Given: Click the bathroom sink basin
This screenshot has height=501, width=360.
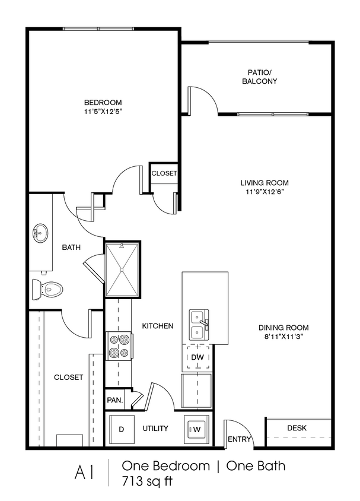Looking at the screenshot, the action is tap(40, 233).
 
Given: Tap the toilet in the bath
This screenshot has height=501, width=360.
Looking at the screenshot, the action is tap(47, 290).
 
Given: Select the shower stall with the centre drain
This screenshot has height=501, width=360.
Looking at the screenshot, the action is tap(122, 269).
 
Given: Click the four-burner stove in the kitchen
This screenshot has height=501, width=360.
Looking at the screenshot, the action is tap(119, 346).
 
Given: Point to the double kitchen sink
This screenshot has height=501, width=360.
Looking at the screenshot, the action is tap(199, 325).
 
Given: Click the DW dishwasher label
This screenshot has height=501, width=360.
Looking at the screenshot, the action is tap(197, 357).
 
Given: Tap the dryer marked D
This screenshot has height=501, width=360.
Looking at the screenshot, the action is tap(122, 429).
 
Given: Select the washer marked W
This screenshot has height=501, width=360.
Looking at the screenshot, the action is tap(196, 429).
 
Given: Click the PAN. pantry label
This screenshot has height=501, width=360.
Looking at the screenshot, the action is tap(115, 399).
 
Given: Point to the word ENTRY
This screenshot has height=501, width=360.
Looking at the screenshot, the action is tap(240, 439).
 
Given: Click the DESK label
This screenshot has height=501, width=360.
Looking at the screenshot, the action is tap(297, 428).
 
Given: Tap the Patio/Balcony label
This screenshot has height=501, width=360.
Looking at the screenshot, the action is tap(259, 77).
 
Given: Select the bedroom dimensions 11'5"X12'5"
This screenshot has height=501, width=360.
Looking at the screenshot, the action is tap(103, 112).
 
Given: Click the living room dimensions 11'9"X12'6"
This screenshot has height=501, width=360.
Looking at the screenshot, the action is tap(265, 192).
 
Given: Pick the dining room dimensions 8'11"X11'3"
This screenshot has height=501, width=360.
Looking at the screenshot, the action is tap(283, 337).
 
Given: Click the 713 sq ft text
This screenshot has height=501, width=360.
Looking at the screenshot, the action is tap(147, 481).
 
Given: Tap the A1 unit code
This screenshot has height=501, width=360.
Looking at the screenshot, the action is tap(85, 473).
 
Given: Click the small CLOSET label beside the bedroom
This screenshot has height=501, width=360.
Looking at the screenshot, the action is tap(164, 173).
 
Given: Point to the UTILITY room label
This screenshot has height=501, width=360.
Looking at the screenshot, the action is tap(155, 428).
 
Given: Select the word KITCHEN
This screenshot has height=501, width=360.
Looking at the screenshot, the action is tap(158, 326).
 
